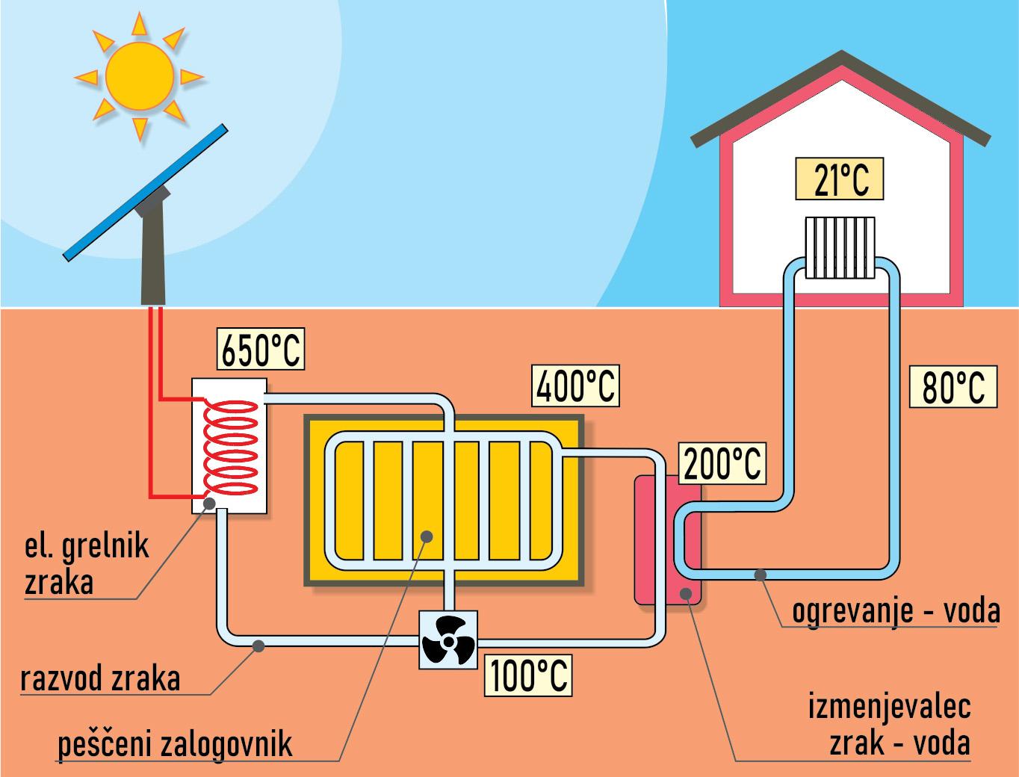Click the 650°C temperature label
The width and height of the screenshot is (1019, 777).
pos(261,349)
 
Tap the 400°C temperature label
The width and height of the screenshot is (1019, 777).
pos(576,385)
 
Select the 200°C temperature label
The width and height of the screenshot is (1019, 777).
pos(721,462)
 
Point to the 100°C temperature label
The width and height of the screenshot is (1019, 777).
pos(528,676)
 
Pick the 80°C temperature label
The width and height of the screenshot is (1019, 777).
pos(953,386)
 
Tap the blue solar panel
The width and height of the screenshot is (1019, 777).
pos(146,193)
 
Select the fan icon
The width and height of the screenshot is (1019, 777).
pos(447,641)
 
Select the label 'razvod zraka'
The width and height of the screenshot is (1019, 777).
pos(101,679)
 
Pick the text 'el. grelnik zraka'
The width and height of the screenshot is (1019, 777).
pos(86,564)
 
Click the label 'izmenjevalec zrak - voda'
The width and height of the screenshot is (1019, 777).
pos(889,724)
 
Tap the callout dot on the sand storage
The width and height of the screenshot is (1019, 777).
pos(426,536)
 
